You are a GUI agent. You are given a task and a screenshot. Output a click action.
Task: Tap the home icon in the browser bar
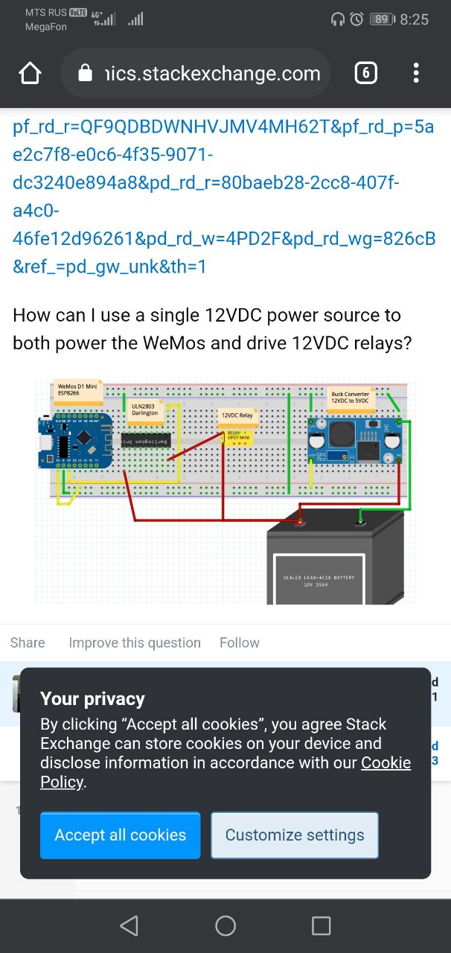click(30, 73)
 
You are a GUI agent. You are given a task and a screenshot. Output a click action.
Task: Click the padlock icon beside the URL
click(85, 73)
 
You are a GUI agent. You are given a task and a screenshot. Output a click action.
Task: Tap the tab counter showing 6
click(365, 73)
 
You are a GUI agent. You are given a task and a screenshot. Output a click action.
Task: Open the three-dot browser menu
click(416, 73)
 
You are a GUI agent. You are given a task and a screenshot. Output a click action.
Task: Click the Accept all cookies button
click(120, 835)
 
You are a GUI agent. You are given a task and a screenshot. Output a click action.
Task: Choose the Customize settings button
click(295, 835)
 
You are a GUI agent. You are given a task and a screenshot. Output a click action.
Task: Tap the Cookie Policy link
click(386, 762)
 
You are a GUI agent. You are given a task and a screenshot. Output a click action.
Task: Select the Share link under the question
click(28, 643)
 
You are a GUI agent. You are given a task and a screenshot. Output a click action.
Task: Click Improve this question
click(135, 643)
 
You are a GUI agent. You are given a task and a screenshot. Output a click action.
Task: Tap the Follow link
click(240, 643)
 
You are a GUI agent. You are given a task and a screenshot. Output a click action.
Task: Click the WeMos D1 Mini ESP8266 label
click(77, 390)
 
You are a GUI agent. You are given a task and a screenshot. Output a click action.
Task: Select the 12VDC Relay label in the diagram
click(237, 415)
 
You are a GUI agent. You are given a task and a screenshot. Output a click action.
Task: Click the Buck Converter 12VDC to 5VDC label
click(350, 398)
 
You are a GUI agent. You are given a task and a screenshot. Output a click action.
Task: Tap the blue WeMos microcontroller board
click(74, 441)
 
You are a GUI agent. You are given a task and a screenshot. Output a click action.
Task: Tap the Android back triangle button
click(129, 925)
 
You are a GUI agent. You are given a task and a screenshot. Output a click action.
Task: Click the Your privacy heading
click(92, 698)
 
